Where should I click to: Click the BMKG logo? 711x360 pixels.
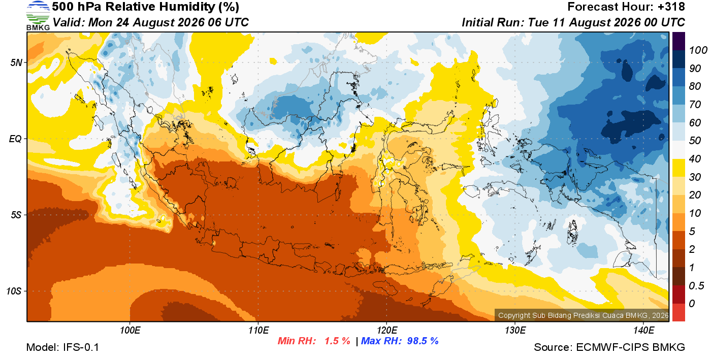tap(38, 15)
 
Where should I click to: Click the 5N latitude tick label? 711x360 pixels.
tap(16, 62)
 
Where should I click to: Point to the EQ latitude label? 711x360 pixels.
tap(16, 139)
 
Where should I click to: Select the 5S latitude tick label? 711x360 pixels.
tap(16, 215)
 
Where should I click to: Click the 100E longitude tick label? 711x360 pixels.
tap(130, 330)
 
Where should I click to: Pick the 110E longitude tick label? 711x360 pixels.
tap(258, 330)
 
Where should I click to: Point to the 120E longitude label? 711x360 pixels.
tap(386, 330)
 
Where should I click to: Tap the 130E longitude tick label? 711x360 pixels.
tap(515, 330)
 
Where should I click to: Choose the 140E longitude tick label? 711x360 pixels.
tap(643, 330)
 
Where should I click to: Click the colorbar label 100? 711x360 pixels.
tap(698, 50)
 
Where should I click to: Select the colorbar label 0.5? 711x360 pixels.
tap(696, 286)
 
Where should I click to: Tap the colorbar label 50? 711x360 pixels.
tap(695, 140)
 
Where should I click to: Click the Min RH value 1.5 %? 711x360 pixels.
tap(337, 341)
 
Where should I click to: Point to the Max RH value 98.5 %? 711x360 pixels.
tap(423, 341)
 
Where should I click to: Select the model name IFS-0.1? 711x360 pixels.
tap(81, 347)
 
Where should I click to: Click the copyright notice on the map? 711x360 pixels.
tap(583, 315)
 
